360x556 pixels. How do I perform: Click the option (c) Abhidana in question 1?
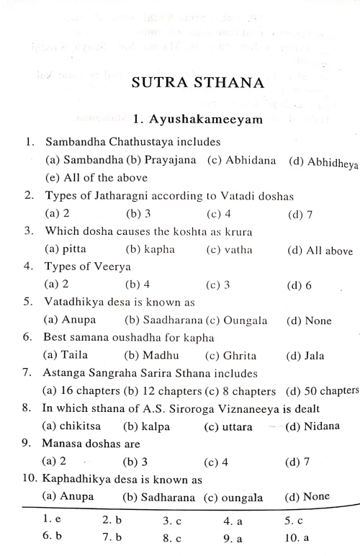(237, 161)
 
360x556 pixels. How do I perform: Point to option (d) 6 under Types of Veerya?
(298, 285)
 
